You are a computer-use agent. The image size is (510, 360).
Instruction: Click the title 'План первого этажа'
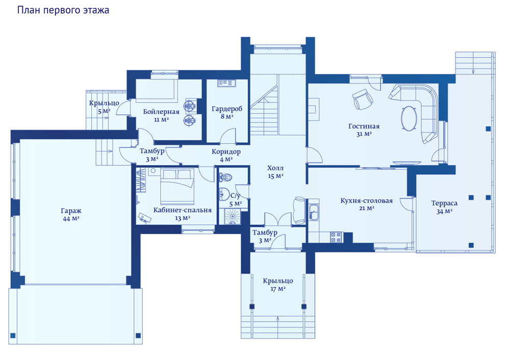63,10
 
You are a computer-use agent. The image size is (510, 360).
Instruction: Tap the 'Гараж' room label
71,211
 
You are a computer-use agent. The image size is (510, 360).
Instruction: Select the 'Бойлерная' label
161,112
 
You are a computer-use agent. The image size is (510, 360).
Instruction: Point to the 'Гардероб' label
227,109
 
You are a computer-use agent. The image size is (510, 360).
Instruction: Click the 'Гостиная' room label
364,126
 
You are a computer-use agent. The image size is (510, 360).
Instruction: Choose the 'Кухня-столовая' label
367,200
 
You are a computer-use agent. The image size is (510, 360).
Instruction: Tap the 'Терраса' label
444,203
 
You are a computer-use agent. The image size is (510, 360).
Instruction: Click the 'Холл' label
275,168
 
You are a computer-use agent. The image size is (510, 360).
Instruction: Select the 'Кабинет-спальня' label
183,210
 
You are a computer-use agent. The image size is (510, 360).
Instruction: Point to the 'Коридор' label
226,151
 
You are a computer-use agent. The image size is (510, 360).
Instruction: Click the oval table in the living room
409,118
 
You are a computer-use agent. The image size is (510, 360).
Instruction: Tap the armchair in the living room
362,99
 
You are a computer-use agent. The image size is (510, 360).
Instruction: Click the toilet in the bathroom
226,177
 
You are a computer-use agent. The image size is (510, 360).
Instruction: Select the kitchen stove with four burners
336,237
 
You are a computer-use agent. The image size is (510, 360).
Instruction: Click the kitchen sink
314,212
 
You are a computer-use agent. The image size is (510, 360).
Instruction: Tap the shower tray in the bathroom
232,217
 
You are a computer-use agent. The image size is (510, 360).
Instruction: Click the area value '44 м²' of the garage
71,219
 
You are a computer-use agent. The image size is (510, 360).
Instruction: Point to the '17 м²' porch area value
278,289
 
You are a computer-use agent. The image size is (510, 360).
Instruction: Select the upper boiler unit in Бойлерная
190,106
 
